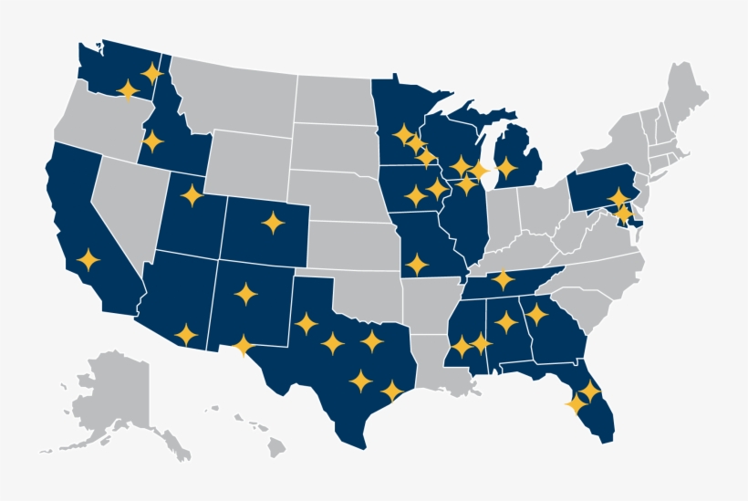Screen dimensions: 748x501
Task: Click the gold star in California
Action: pyautogui.click(x=88, y=260)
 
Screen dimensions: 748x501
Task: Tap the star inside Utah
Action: pyautogui.click(x=192, y=194)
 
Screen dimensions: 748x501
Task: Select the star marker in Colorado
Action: pyautogui.click(x=273, y=222)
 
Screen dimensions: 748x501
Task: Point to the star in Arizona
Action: pyautogui.click(x=185, y=334)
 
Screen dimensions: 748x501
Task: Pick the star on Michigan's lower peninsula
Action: pyautogui.click(x=506, y=168)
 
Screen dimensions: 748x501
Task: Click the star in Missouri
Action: pyautogui.click(x=417, y=265)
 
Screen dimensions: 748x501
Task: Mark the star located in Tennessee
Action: pyautogui.click(x=503, y=279)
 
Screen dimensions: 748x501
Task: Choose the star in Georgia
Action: pyautogui.click(x=536, y=315)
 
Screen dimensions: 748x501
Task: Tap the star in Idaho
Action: pyautogui.click(x=152, y=141)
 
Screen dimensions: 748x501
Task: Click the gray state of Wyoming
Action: pyautogui.click(x=246, y=160)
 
